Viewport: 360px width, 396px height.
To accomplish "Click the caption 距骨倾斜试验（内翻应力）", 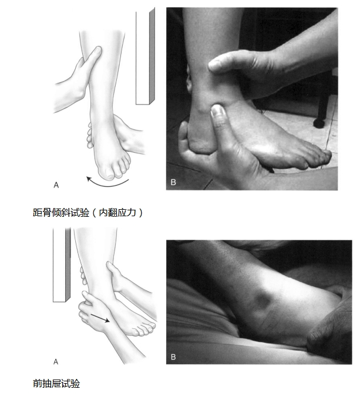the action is [x=88, y=213].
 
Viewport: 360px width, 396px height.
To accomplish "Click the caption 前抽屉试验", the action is [x=56, y=384].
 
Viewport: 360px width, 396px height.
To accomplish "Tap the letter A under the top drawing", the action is [x=56, y=185].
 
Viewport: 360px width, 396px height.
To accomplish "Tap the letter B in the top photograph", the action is [x=173, y=182].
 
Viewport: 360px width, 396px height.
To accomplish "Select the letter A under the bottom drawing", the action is [x=56, y=362].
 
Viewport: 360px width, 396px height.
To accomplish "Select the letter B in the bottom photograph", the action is [x=173, y=357].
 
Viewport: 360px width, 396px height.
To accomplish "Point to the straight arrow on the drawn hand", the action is [x=100, y=318].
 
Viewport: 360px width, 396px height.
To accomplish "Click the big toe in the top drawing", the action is [x=106, y=173].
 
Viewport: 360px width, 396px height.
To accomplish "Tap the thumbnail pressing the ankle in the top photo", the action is [x=217, y=113].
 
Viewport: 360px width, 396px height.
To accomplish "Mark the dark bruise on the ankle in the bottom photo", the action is [x=261, y=299].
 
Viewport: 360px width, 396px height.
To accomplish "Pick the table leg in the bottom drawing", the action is [x=62, y=264].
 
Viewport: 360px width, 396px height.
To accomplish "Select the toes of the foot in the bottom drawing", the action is [x=144, y=329].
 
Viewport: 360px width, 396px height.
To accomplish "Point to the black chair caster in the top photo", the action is [x=319, y=123].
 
